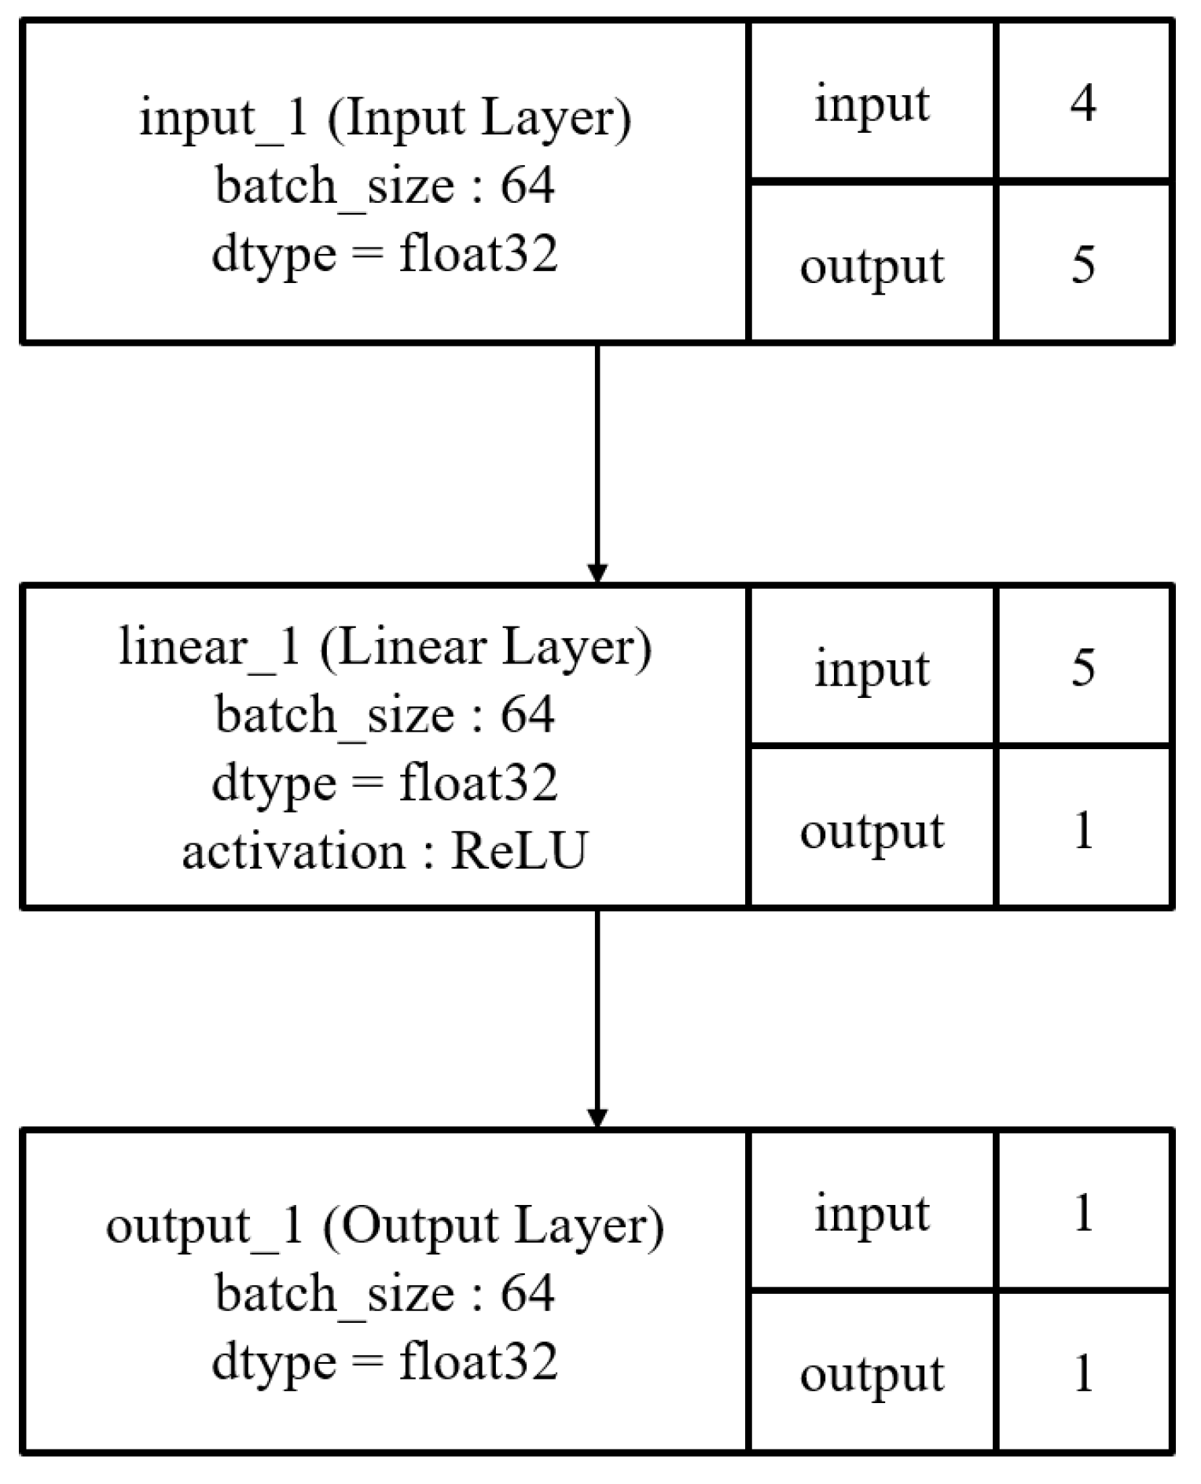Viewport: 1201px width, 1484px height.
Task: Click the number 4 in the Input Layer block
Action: point(1083,103)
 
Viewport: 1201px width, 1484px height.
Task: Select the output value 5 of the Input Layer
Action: point(1083,265)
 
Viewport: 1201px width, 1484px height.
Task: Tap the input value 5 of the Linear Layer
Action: point(1083,668)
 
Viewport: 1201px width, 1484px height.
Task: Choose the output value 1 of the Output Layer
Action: point(1083,1373)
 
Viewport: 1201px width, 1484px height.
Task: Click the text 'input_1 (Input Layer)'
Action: point(385,118)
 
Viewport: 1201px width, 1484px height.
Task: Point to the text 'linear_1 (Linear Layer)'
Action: point(385,647)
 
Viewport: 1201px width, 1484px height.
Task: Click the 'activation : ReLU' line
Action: point(385,851)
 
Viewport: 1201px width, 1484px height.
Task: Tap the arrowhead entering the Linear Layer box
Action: point(597,573)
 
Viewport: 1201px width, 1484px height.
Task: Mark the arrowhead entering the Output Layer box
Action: point(597,1118)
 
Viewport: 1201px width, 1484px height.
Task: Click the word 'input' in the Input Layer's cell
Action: point(872,105)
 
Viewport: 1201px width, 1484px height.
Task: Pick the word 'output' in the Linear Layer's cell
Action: point(872,832)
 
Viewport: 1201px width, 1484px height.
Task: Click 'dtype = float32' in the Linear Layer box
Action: point(385,784)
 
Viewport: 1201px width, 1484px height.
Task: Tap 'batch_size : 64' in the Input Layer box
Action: point(385,186)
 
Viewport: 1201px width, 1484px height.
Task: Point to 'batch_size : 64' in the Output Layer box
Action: point(385,1293)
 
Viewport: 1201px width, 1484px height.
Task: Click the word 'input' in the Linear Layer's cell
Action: point(872,670)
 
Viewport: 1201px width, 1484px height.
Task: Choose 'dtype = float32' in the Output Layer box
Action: point(385,1361)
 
